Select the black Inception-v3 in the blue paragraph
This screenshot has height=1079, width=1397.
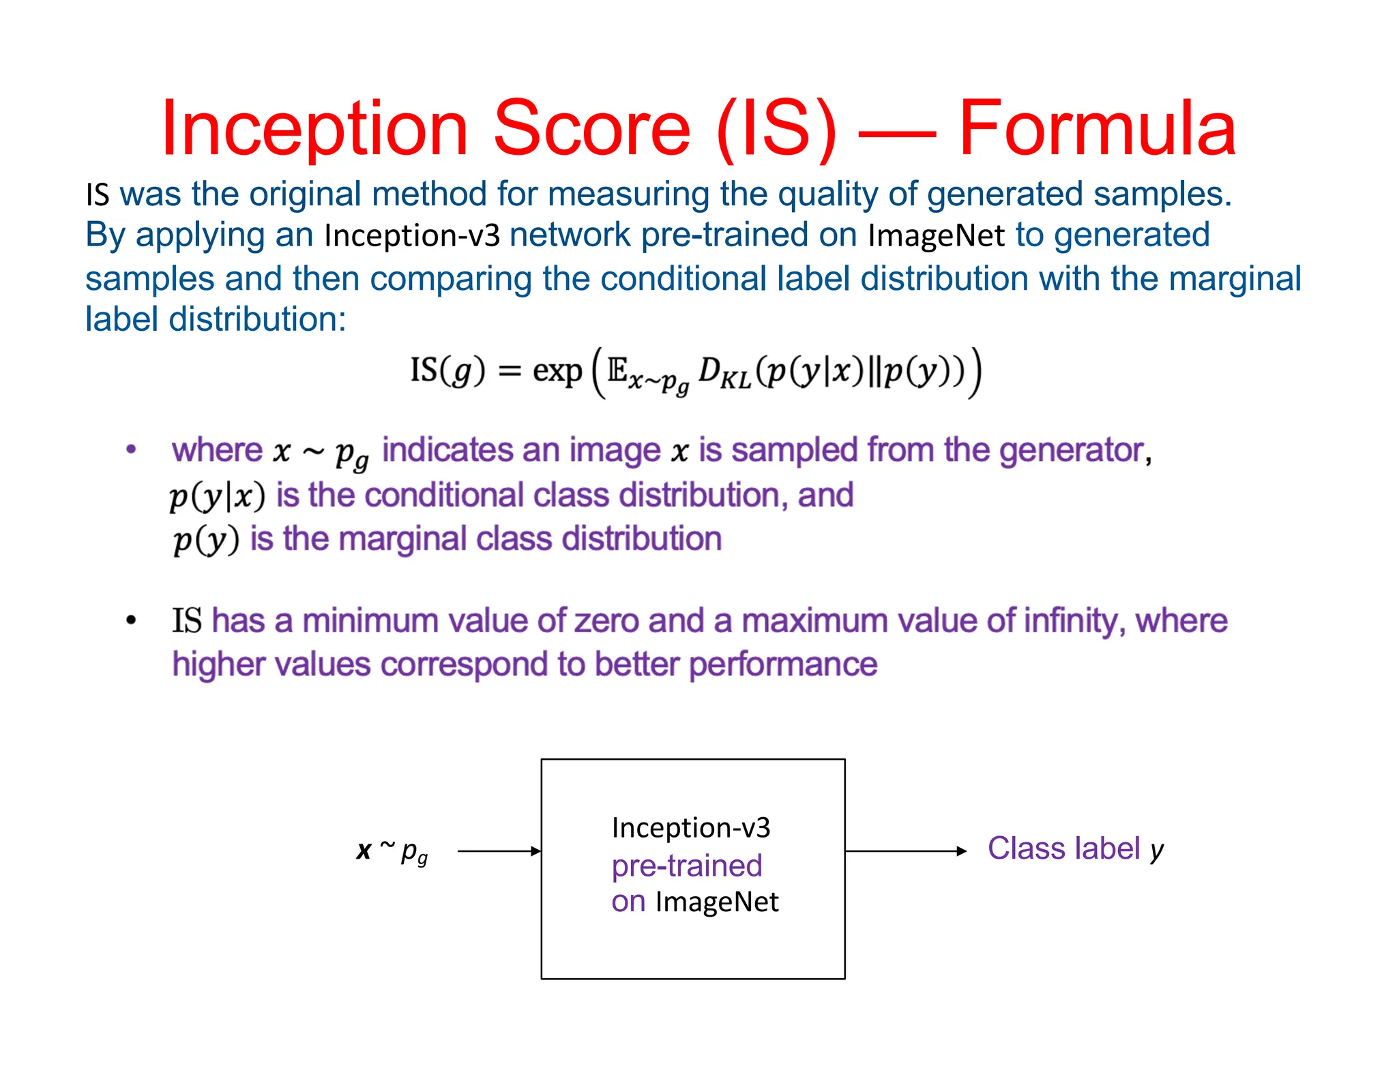click(x=412, y=236)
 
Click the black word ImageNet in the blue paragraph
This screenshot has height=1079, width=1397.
click(x=936, y=236)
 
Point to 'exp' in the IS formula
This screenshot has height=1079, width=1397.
click(x=557, y=371)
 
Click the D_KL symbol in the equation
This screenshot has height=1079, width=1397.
click(x=724, y=372)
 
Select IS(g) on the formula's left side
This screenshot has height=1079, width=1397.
click(x=447, y=371)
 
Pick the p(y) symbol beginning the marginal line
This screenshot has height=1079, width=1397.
click(x=206, y=540)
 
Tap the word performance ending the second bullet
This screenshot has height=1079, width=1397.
click(x=782, y=665)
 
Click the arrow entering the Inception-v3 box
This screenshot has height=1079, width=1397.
click(x=499, y=851)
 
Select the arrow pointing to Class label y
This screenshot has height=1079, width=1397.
click(x=906, y=851)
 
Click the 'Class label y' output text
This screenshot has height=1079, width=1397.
click(x=1076, y=850)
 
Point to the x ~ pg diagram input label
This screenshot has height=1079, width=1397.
click(x=392, y=851)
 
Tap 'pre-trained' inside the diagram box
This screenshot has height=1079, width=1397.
click(x=686, y=866)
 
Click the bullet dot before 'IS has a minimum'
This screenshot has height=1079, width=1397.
click(x=131, y=621)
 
